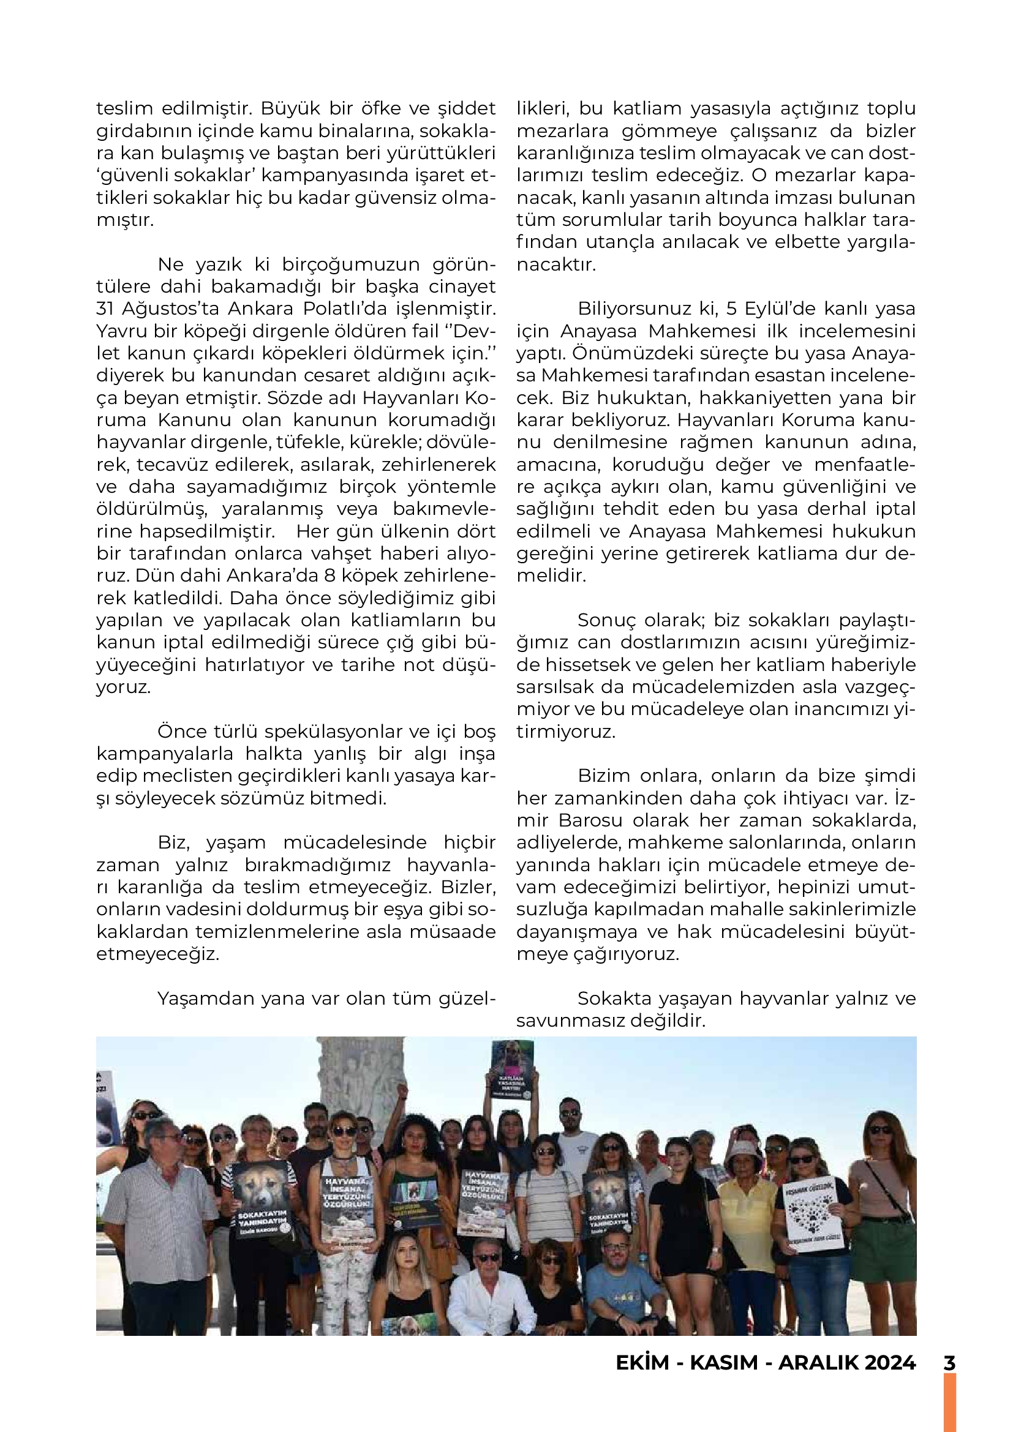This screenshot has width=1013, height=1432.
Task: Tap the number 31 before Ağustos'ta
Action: [x=105, y=309]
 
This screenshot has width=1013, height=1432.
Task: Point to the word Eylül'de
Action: [x=778, y=309]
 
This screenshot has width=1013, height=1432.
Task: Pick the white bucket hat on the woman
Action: [x=744, y=1150]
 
